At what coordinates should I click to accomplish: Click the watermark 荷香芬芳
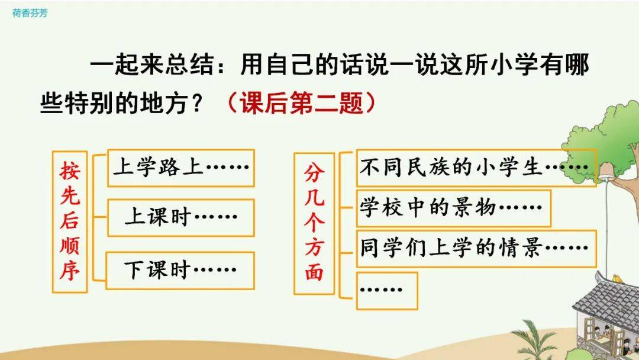pos(30,13)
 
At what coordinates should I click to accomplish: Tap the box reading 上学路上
pos(181,168)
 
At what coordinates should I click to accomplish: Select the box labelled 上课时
pos(181,218)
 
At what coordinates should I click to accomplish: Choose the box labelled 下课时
pos(180,271)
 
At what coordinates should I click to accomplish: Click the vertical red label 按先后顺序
pos(70,222)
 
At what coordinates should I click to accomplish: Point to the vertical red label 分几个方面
pos(314,223)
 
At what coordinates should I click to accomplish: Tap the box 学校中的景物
pos(454,208)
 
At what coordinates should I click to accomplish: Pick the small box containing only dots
pos(387,291)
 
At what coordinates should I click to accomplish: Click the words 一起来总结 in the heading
pos(151,65)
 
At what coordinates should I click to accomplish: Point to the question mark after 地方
pos(197,103)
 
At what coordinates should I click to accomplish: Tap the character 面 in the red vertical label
pos(314,272)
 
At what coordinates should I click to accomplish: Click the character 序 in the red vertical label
pos(70,270)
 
